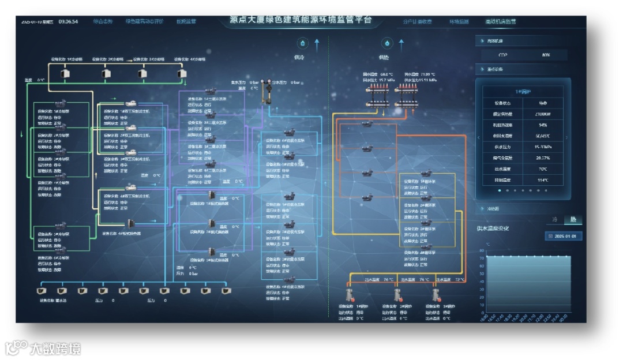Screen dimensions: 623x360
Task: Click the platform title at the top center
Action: coord(301,20)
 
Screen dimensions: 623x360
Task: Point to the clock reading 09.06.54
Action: coord(68,21)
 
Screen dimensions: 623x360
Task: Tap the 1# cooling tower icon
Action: coord(65,74)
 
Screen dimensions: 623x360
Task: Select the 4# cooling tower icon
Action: coord(182,74)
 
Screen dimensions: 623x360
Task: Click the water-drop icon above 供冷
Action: coord(302,43)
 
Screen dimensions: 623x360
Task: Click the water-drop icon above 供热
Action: coord(386,43)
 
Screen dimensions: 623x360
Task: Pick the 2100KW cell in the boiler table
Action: coord(542,114)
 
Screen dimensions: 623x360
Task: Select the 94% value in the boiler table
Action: coord(542,125)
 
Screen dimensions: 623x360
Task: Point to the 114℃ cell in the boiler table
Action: coord(542,179)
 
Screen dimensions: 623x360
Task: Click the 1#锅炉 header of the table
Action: coord(523,91)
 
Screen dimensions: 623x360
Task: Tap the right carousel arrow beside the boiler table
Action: coord(566,137)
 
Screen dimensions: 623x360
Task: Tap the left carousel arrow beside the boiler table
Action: coord(479,137)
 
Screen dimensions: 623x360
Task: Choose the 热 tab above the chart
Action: coord(573,220)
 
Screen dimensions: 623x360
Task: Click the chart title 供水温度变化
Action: coord(493,228)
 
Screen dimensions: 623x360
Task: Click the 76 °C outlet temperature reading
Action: coord(388,280)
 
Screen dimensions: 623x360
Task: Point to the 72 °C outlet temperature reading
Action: coord(459,280)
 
